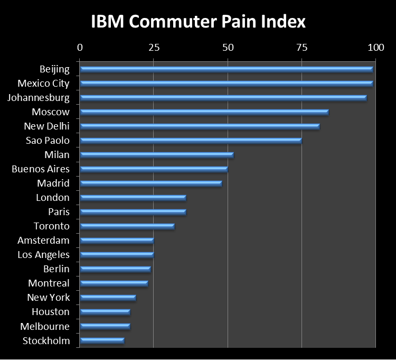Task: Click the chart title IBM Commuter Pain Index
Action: [198, 22]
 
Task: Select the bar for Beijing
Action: [227, 69]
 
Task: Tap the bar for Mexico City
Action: [227, 83]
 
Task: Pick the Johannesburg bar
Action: [223, 98]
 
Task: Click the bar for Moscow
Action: [204, 112]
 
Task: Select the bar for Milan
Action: [157, 155]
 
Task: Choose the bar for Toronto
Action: [127, 226]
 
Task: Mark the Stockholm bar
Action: [102, 340]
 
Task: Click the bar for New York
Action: [108, 298]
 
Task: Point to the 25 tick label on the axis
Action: [154, 48]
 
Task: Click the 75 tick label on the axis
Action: [301, 48]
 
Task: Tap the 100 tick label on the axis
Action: [375, 48]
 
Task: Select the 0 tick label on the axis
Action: [80, 48]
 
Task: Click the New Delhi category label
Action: [46, 126]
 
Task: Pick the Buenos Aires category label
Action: [41, 169]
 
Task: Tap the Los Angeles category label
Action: [43, 255]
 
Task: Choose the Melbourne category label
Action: [45, 326]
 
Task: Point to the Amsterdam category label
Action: [44, 241]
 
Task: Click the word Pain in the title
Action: [233, 22]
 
